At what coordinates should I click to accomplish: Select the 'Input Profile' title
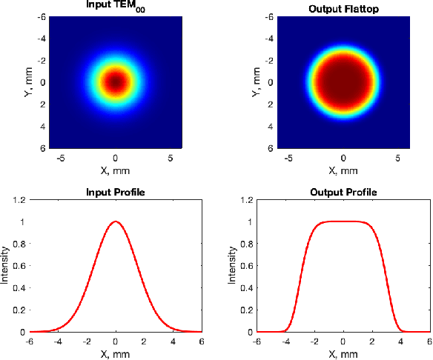115,192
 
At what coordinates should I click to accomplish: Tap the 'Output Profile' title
343,192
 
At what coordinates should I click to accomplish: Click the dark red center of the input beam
116,81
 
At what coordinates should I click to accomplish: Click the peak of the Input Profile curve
116,221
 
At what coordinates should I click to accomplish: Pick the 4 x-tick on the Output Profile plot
400,341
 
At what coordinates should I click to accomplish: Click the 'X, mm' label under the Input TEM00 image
115,170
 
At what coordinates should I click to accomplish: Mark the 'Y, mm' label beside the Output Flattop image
257,82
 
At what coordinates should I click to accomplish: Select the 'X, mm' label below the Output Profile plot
343,352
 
